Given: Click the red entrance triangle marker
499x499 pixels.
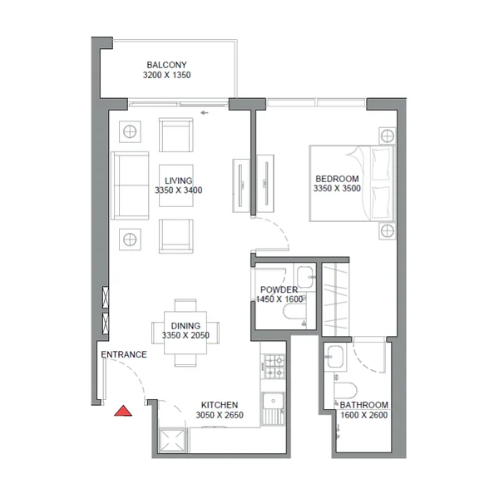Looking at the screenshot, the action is [x=123, y=411].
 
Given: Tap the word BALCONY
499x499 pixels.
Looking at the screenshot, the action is [x=167, y=65].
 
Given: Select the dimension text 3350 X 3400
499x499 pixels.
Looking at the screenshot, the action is [x=179, y=190].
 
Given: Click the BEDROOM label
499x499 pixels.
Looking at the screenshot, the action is [x=337, y=179].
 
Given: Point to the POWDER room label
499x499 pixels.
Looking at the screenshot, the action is [x=279, y=289].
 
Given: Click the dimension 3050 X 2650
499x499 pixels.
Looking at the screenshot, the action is [x=220, y=415].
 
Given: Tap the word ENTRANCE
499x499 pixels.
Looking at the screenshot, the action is [x=124, y=354].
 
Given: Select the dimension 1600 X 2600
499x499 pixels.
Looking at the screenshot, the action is [x=364, y=415].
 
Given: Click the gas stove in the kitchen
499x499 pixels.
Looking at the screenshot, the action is [x=273, y=366].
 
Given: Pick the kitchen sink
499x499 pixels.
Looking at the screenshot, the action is [x=273, y=408].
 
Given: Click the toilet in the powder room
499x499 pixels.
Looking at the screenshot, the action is [x=294, y=312].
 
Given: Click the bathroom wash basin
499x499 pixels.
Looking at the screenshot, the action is [x=335, y=357].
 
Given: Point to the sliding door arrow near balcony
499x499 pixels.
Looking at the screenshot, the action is [x=205, y=112].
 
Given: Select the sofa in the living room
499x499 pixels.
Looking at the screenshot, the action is [x=130, y=185].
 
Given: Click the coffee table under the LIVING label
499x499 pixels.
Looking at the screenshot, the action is [x=176, y=185].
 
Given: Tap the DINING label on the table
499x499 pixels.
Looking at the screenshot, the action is [x=185, y=326].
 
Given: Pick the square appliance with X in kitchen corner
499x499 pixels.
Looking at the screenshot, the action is [x=172, y=441].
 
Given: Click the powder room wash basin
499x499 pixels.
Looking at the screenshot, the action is [x=305, y=277].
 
